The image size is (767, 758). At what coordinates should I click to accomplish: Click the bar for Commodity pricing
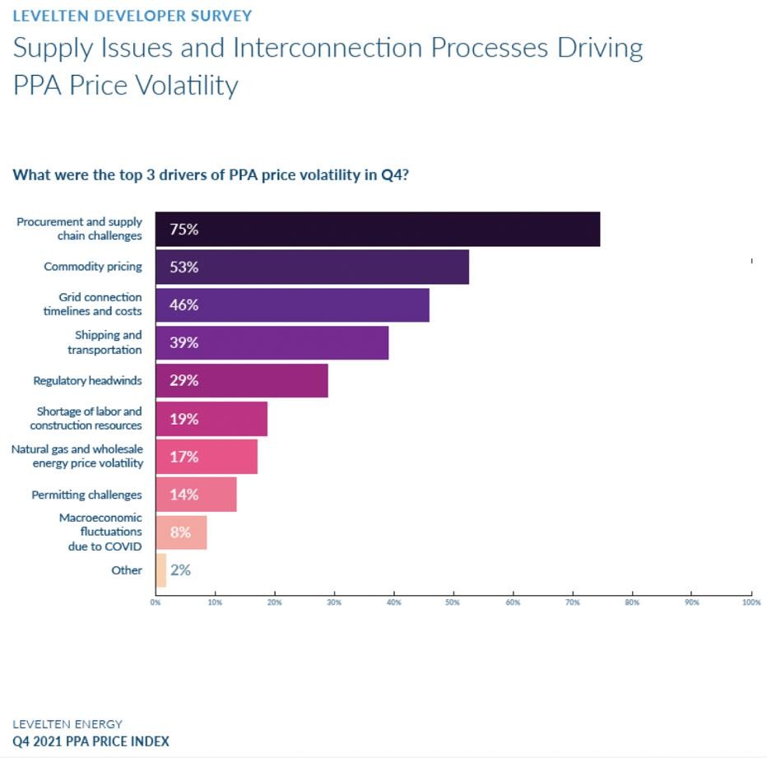312,267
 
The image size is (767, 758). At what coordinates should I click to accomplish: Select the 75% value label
184,230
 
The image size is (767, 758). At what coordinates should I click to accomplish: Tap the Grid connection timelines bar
292,305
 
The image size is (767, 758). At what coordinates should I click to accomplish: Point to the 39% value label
184,342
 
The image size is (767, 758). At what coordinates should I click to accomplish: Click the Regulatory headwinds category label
87,381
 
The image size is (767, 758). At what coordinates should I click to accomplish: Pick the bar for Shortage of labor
212,419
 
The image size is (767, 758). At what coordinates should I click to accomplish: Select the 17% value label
184,457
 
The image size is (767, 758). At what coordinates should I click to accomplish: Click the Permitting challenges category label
86,495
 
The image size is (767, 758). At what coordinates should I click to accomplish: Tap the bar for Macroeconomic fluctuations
181,532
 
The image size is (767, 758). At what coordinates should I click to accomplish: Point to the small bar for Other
160,570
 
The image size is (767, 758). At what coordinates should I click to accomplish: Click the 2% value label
180,570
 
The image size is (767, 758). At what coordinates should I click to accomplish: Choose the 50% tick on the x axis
453,602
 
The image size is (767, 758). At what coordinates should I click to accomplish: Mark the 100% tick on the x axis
751,602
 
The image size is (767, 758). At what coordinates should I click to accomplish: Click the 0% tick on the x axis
156,602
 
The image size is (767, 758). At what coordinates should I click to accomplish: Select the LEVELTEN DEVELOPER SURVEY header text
132,16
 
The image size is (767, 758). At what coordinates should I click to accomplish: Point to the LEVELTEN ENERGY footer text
67,724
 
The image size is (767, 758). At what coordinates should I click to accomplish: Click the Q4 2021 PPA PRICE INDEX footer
91,742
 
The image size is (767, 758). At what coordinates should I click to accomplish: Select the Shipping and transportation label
105,342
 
